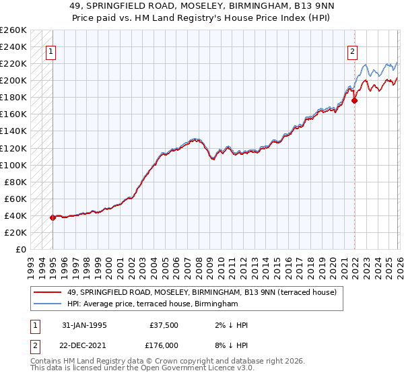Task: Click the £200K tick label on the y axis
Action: pyautogui.click(x=13, y=81)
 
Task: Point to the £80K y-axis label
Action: pyautogui.click(x=15, y=182)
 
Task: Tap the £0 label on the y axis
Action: pyautogui.click(x=20, y=249)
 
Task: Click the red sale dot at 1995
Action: pyautogui.click(x=53, y=217)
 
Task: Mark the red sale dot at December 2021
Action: pyautogui.click(x=355, y=101)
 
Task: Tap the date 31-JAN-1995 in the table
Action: pyautogui.click(x=84, y=325)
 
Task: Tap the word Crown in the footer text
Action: pyautogui.click(x=170, y=362)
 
